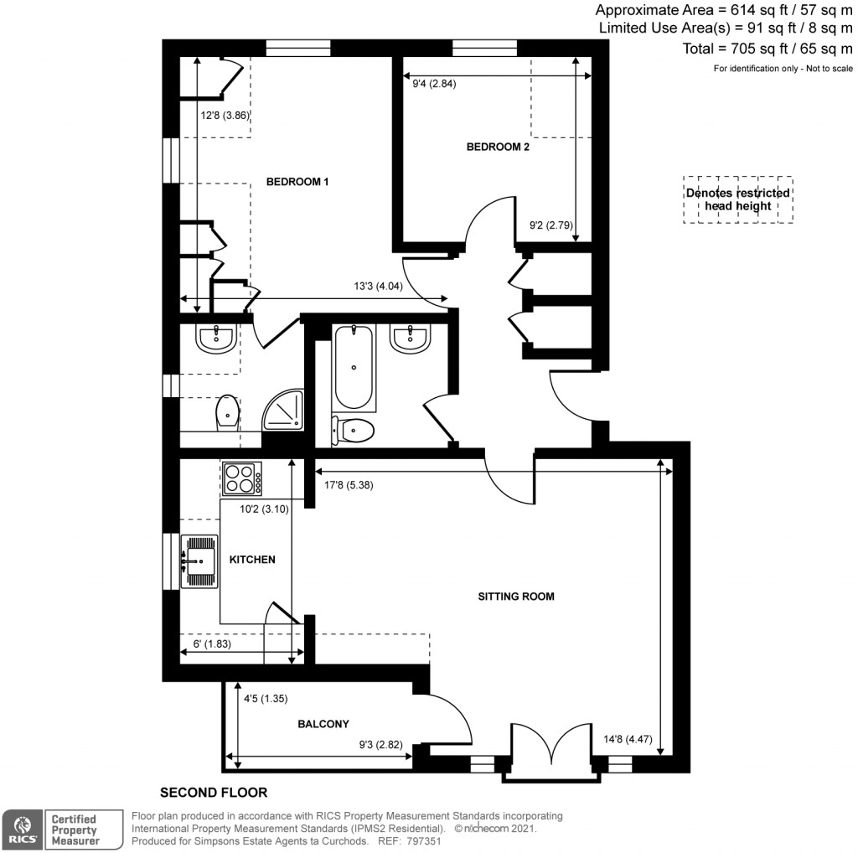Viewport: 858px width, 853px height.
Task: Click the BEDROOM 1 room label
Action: pyautogui.click(x=297, y=182)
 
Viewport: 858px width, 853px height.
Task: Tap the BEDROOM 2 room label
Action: pyautogui.click(x=498, y=147)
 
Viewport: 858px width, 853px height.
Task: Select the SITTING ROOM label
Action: pyautogui.click(x=516, y=597)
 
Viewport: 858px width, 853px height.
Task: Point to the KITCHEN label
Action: pyautogui.click(x=252, y=559)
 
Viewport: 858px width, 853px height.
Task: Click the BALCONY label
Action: pyautogui.click(x=323, y=724)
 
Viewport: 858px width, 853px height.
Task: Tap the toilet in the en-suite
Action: pyautogui.click(x=225, y=411)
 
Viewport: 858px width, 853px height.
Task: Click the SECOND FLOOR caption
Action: pyautogui.click(x=214, y=791)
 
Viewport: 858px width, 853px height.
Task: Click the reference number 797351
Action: pyautogui.click(x=424, y=840)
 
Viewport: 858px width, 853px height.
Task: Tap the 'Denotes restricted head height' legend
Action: pyautogui.click(x=737, y=199)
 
